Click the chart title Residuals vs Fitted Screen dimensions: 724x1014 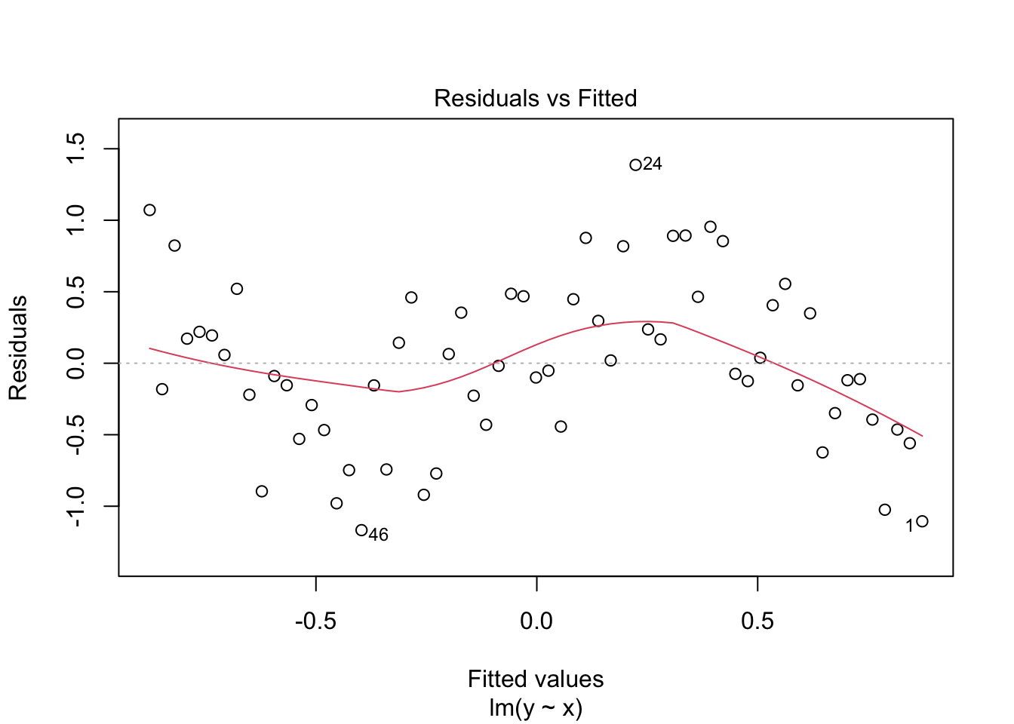[x=536, y=98]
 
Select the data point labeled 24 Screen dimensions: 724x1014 [x=635, y=165]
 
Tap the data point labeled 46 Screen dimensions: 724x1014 [x=361, y=530]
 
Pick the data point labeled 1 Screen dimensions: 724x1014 [x=922, y=521]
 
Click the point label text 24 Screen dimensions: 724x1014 [x=653, y=164]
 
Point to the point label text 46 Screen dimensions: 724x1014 [x=379, y=535]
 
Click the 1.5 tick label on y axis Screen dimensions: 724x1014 [x=75, y=149]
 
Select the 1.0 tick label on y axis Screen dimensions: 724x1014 [x=75, y=220]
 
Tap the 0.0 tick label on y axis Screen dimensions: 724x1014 [x=75, y=363]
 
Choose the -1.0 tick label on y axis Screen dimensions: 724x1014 [x=75, y=506]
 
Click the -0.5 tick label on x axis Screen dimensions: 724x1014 [x=316, y=621]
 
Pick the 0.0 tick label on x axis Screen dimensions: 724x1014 [x=536, y=621]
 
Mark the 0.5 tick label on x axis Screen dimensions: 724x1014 [x=757, y=621]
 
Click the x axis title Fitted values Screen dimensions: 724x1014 [x=536, y=680]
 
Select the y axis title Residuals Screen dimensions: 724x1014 [x=18, y=348]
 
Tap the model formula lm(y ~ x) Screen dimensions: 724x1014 [x=536, y=709]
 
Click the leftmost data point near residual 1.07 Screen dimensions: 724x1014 [x=149, y=210]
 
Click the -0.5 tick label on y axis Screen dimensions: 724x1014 [x=75, y=434]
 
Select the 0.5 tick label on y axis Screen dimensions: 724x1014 [x=75, y=292]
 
